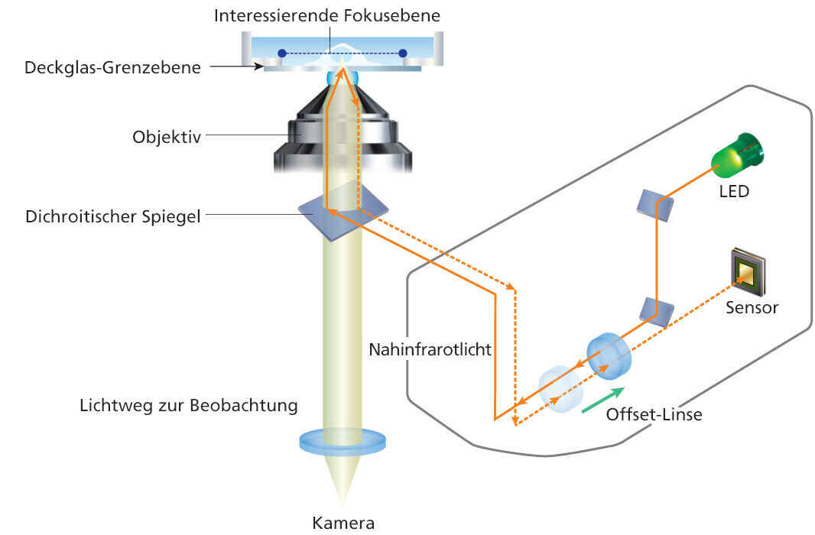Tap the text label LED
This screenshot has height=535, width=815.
(734, 190)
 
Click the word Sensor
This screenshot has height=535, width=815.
(752, 308)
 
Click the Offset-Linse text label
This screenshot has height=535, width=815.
(654, 415)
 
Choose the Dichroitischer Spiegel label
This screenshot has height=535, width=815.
(112, 216)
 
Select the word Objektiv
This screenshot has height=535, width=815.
(166, 138)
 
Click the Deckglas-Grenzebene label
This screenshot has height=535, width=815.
(112, 67)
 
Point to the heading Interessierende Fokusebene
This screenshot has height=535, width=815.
(327, 15)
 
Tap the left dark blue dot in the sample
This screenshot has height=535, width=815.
(282, 53)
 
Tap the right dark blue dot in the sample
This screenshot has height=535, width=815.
(403, 53)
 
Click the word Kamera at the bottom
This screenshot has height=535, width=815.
(343, 524)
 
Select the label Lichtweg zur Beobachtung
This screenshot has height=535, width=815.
(188, 405)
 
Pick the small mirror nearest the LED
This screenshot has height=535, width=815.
(655, 203)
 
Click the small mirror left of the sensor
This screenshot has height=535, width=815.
(657, 310)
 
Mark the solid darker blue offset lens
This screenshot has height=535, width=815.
(609, 356)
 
